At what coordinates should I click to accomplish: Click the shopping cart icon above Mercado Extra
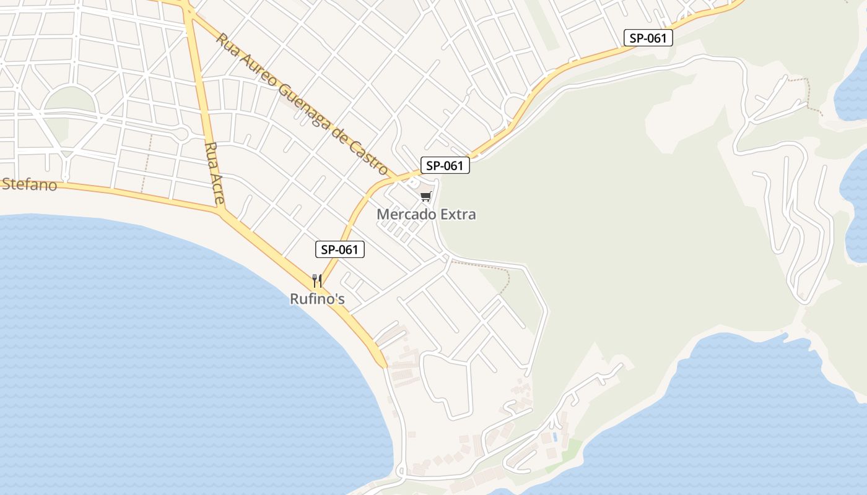coord(425,197)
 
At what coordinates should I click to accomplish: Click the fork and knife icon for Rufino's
coord(317,281)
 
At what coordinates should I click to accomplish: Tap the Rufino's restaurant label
coord(317,299)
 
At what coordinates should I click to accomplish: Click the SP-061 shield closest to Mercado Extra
coord(445,166)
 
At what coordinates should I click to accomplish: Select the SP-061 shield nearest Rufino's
coord(340,249)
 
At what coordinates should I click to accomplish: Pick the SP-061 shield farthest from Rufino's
coord(648,38)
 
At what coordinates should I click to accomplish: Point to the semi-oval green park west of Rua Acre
coord(70,100)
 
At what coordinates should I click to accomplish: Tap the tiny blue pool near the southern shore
coord(555,437)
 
